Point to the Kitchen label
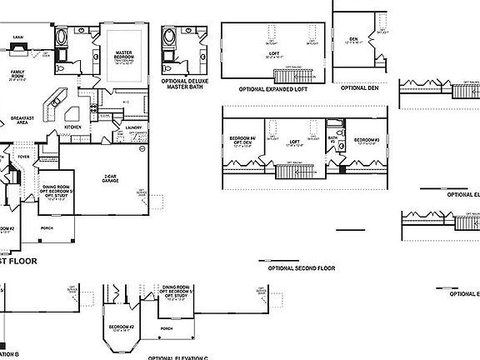coord(73,127)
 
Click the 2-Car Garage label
coord(109,177)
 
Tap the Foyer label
coord(23,156)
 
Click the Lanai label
coord(17,37)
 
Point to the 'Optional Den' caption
coord(360,87)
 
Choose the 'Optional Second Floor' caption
coord(301,268)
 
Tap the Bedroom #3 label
coord(367,139)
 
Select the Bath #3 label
coord(332,138)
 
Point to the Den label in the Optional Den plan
coord(352,38)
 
